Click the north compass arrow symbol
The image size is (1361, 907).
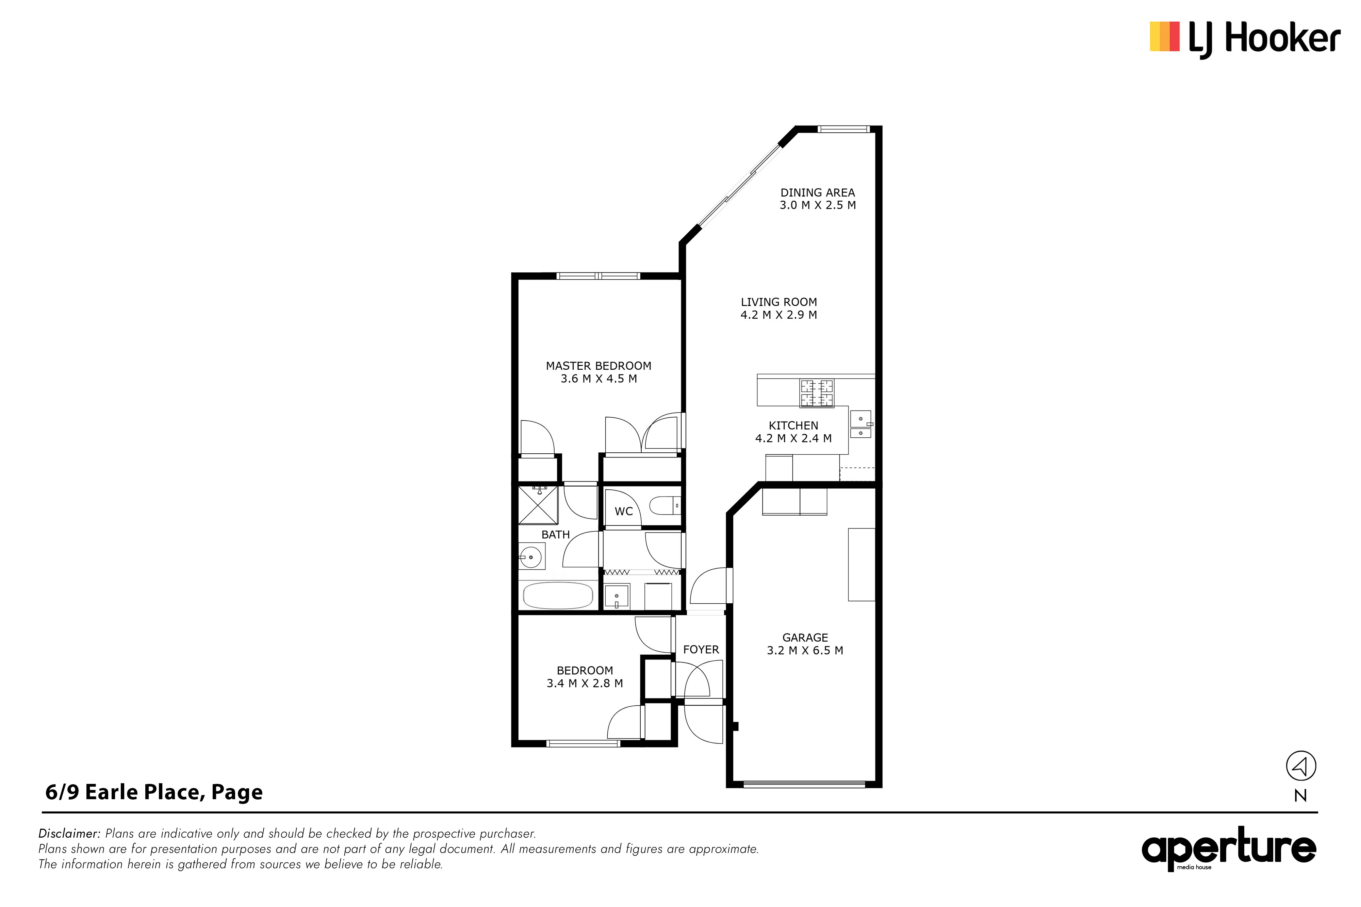click(x=1301, y=767)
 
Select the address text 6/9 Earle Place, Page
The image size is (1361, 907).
click(x=154, y=792)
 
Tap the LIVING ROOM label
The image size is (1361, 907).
click(x=779, y=302)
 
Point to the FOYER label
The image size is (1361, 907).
click(x=701, y=650)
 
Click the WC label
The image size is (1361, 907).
click(x=623, y=511)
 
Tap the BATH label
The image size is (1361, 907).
click(x=556, y=535)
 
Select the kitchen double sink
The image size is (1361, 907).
click(x=860, y=424)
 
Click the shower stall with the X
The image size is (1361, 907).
click(x=538, y=505)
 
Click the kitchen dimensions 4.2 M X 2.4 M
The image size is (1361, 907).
click(x=793, y=438)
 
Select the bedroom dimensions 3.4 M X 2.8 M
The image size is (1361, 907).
click(x=585, y=683)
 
